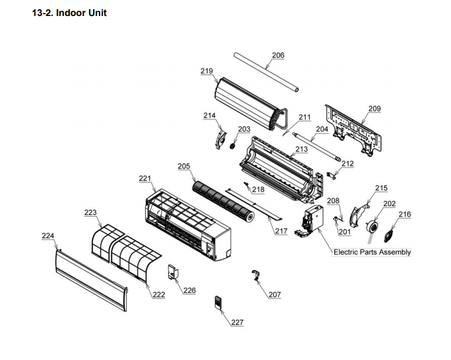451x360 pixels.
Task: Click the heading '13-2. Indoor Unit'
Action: tap(69, 12)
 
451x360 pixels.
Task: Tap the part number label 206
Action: tap(278, 56)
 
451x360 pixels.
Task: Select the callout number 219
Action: tap(207, 71)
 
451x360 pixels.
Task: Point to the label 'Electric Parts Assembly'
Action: tap(372, 252)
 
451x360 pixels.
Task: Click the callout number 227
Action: tap(237, 322)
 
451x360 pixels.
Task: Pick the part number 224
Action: tap(48, 236)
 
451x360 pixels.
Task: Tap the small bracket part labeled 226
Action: tap(174, 272)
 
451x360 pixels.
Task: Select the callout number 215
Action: tap(381, 188)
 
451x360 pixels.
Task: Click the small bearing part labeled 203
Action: tap(233, 144)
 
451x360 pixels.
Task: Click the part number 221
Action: tap(145, 178)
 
